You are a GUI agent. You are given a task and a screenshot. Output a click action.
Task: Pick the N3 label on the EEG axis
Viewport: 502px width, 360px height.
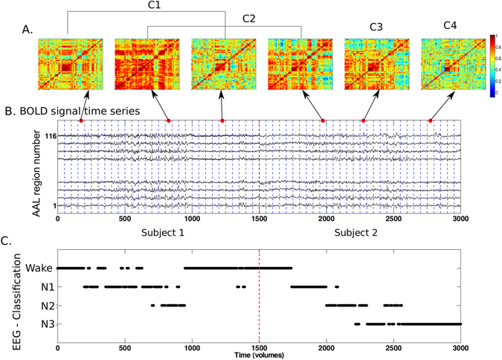tap(42, 324)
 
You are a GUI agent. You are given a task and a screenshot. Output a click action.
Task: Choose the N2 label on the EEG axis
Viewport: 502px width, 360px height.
tap(42, 305)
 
